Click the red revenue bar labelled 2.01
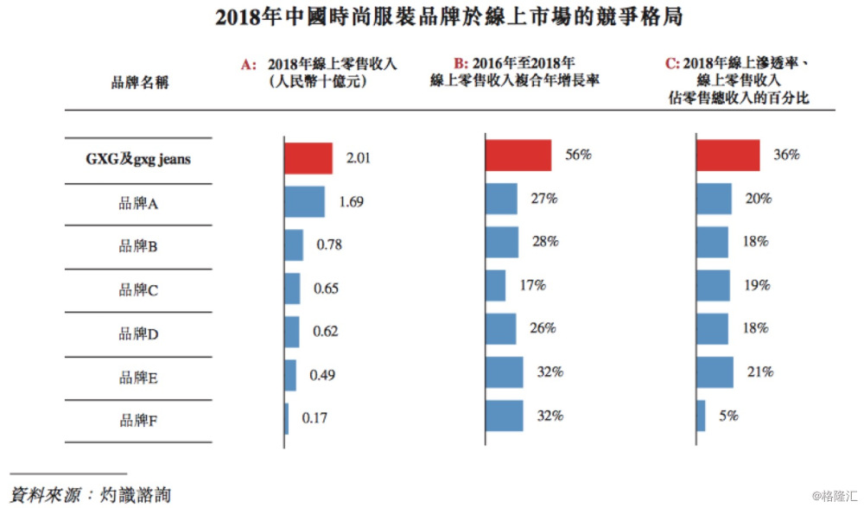point(308,159)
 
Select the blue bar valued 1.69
point(305,202)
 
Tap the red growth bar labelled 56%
point(518,156)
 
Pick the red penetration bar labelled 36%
point(728,156)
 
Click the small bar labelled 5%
point(701,416)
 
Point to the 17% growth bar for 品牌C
point(496,285)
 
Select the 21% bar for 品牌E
point(715,372)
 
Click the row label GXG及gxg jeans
point(138,159)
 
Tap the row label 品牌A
point(137,204)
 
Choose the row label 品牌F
point(137,422)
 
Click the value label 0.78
point(329,244)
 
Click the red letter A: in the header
point(250,65)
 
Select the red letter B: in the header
point(461,64)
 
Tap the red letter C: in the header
point(671,64)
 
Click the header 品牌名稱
point(139,83)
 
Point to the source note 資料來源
point(91,494)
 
